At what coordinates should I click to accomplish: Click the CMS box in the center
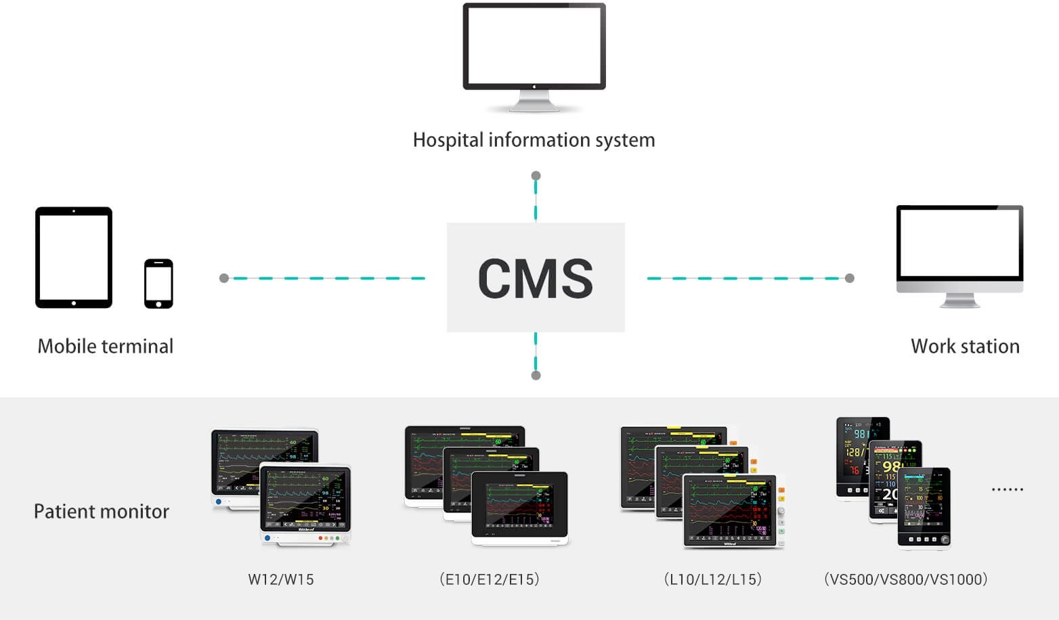(x=535, y=278)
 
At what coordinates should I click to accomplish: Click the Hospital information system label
(x=534, y=140)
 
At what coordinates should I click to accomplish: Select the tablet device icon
(x=74, y=257)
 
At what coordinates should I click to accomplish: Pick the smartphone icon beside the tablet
(x=158, y=283)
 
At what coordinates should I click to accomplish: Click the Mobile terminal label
(x=106, y=347)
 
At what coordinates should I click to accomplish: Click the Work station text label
(x=965, y=347)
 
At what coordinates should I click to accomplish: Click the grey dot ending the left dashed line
(x=224, y=278)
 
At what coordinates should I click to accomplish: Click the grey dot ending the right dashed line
(x=850, y=278)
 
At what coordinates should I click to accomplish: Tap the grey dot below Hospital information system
(x=536, y=176)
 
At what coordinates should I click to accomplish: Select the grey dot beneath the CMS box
(x=536, y=375)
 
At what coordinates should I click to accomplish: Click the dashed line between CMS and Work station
(x=745, y=278)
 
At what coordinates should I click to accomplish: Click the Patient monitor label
(x=102, y=512)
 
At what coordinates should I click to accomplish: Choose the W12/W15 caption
(x=281, y=579)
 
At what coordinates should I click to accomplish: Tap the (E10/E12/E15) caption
(x=490, y=579)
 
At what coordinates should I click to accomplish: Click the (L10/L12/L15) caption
(x=713, y=579)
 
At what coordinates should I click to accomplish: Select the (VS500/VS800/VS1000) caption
(x=906, y=579)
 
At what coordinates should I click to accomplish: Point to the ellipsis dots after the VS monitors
(x=1008, y=489)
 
